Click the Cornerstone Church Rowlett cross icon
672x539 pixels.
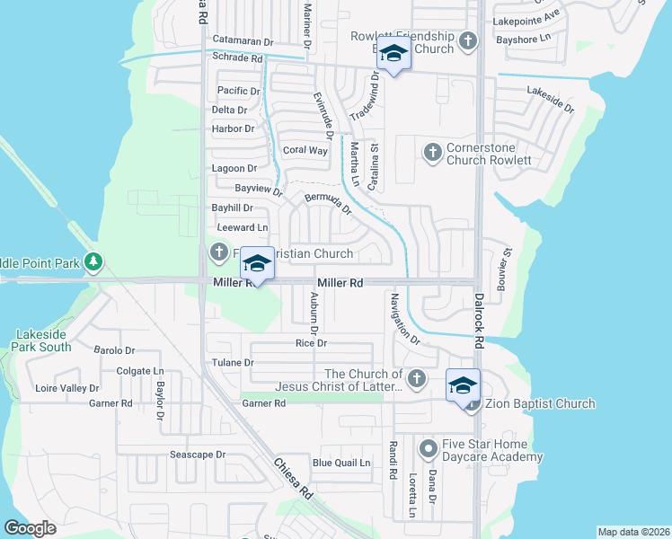click(432, 151)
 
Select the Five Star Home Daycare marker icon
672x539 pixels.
click(429, 446)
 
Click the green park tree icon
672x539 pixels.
click(93, 262)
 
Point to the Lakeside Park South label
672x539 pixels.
click(42, 340)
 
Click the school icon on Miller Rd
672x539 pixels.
click(258, 264)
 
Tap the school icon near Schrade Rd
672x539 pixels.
click(393, 54)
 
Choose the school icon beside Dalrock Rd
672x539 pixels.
click(463, 385)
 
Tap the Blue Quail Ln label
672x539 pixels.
click(340, 464)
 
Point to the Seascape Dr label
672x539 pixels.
click(198, 455)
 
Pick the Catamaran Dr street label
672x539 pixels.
click(243, 41)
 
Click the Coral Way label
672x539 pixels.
click(305, 150)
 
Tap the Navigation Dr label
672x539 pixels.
click(403, 318)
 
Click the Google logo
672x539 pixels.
click(30, 528)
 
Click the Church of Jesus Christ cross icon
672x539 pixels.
click(415, 379)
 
